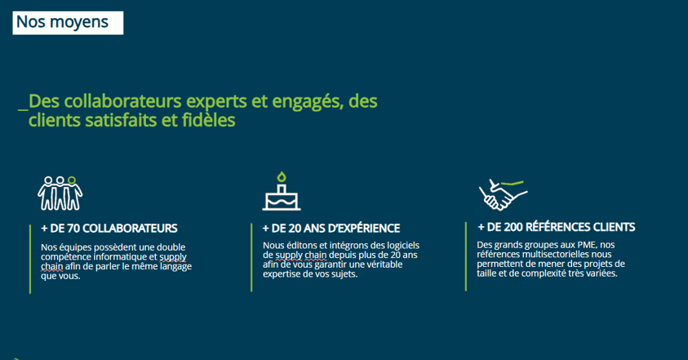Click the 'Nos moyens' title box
68,23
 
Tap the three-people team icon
60,193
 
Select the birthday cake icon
282,191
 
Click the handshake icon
503,194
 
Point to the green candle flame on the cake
282,176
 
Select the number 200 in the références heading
513,227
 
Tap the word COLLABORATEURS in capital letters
130,229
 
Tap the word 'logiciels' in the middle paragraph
403,246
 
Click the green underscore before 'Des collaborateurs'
23,109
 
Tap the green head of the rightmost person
72,180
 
